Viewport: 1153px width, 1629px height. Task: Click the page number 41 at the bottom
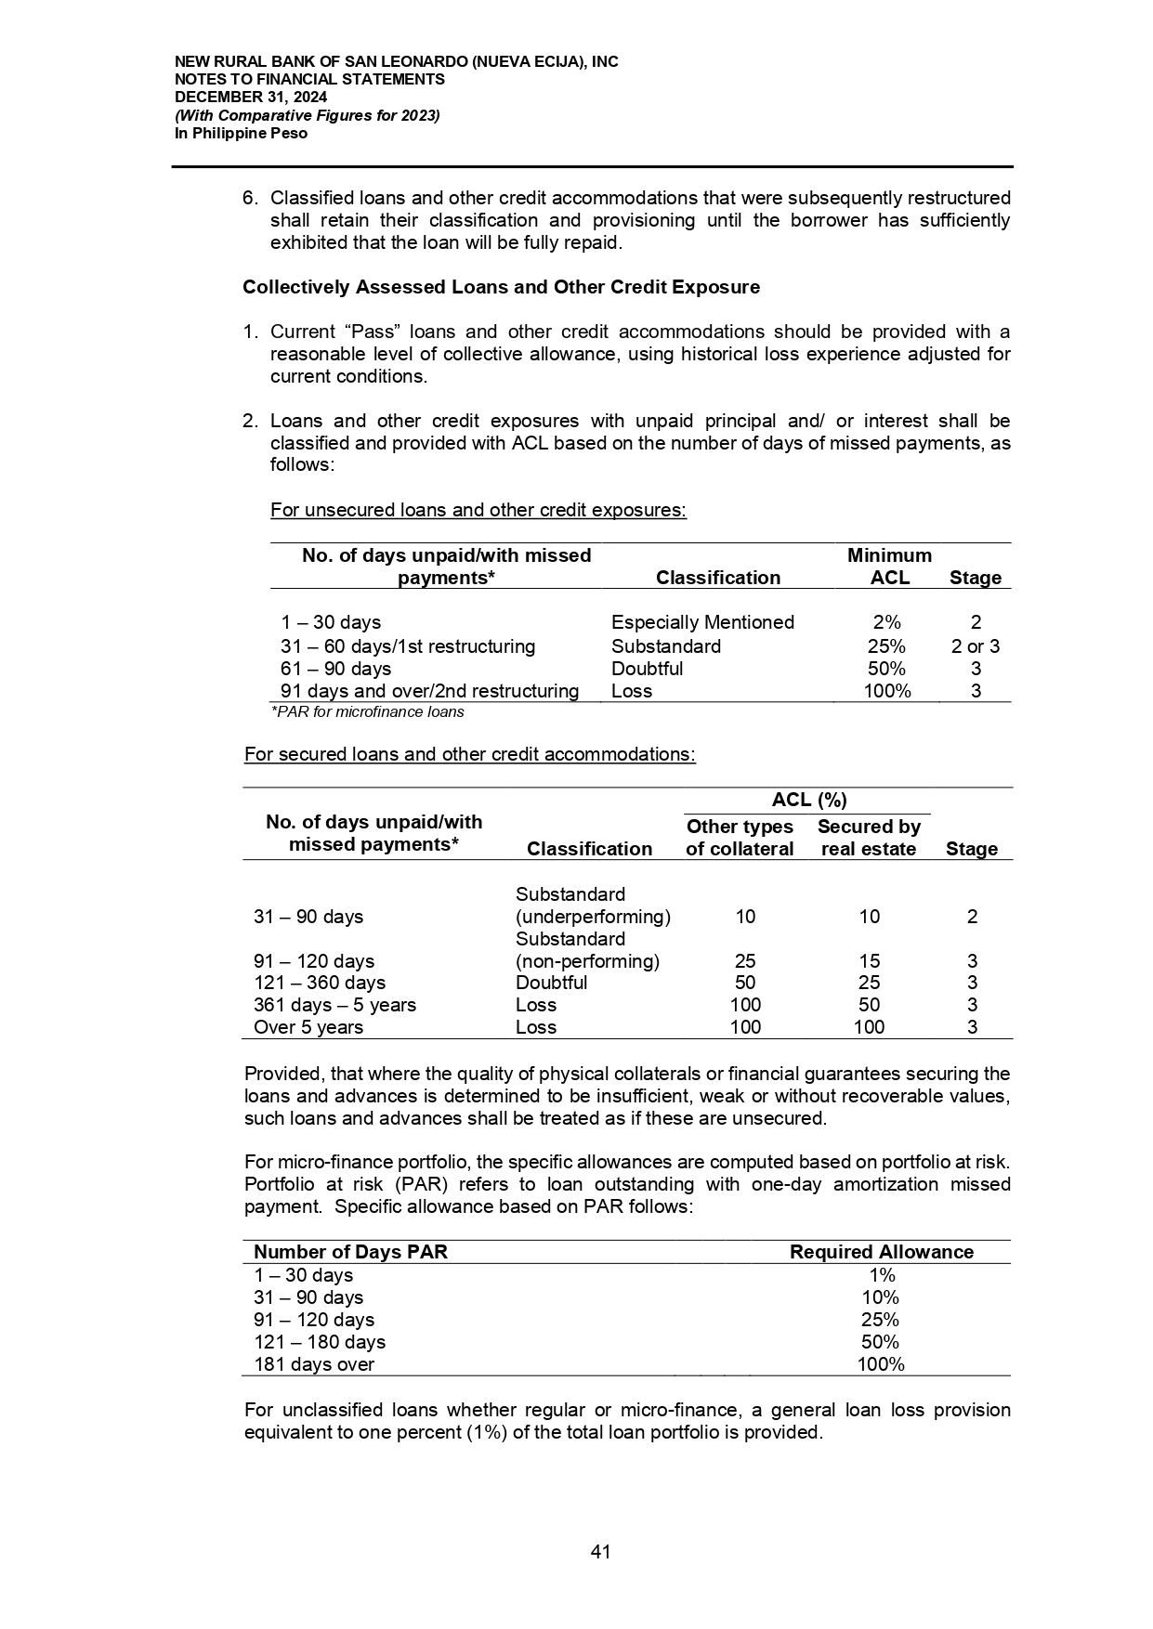pos(600,1551)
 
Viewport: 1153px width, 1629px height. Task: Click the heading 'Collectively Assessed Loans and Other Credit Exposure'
pos(501,287)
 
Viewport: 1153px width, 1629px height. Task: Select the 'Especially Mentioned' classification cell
pos(702,622)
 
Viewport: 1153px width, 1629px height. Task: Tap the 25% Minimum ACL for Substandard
pos(886,646)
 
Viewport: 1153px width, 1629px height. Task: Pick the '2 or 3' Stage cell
pos(975,646)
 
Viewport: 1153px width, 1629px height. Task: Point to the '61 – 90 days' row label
pos(335,669)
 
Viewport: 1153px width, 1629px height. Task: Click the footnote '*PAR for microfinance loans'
pos(367,712)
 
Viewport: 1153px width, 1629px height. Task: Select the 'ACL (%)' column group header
pos(808,800)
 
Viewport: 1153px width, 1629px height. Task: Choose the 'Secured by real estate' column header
pos(869,838)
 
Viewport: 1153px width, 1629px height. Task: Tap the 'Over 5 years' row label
pos(308,1027)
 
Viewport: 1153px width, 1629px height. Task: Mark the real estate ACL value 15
pos(869,961)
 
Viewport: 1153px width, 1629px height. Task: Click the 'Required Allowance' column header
pos(881,1252)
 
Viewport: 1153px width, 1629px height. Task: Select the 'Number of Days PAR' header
pos(350,1252)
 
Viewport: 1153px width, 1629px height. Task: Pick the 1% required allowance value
pos(881,1275)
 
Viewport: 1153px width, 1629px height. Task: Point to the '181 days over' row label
pos(314,1364)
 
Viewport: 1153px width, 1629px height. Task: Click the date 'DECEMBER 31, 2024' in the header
pos(251,98)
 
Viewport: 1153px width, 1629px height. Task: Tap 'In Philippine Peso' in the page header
pos(241,134)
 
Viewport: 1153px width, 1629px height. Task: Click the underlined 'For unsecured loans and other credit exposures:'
pos(478,510)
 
